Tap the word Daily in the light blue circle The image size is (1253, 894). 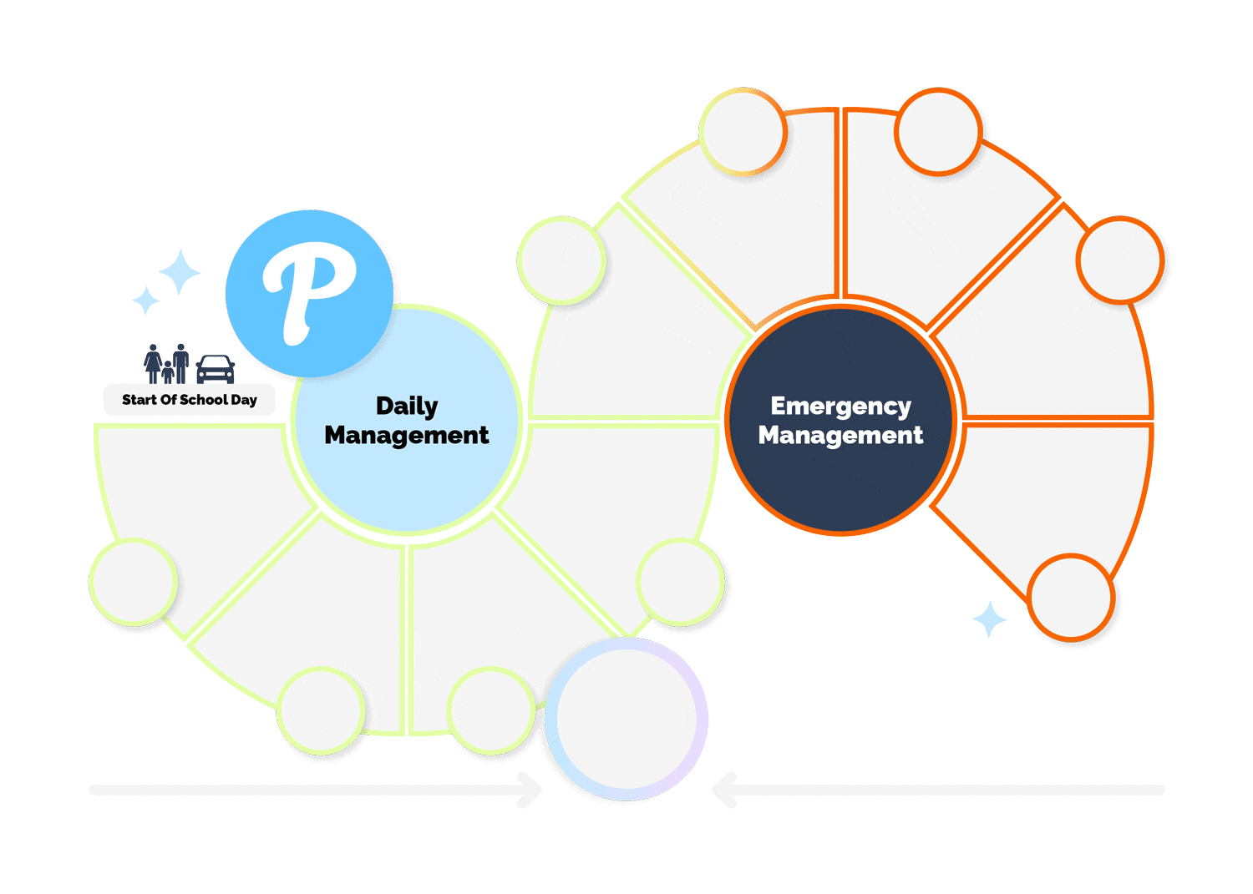(x=407, y=406)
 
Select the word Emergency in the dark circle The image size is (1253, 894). (x=840, y=406)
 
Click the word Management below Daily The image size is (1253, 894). (x=407, y=435)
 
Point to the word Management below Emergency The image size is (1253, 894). (x=840, y=435)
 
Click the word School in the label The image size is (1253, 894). (x=204, y=400)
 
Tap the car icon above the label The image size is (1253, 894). (x=216, y=368)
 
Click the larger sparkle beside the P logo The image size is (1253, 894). (x=180, y=272)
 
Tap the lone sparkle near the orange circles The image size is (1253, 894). (x=990, y=619)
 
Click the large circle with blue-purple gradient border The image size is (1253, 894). (x=626, y=720)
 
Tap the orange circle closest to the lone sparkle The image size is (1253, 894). (x=1070, y=598)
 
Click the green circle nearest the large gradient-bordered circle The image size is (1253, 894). (x=491, y=710)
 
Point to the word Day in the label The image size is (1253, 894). (x=244, y=400)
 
